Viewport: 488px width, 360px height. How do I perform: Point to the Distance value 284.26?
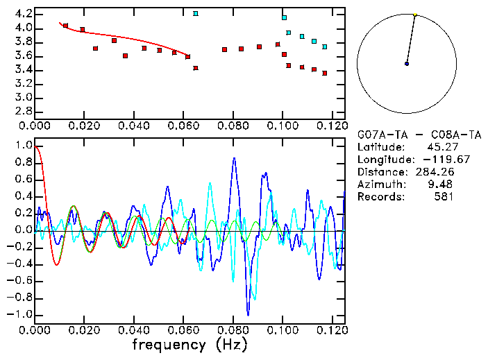(x=436, y=172)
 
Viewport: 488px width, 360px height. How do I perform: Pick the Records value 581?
(x=444, y=197)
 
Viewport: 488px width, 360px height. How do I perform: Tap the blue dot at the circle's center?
(x=407, y=64)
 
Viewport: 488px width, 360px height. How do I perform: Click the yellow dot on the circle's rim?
(x=415, y=15)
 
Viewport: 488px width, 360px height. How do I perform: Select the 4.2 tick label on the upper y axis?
(x=22, y=14)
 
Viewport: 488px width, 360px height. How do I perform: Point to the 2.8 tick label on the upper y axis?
(x=22, y=111)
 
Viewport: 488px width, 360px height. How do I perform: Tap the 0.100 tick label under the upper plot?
(x=283, y=127)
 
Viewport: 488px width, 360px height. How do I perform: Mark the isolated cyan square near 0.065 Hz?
(x=196, y=13)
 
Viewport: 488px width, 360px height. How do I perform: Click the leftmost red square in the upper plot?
(x=66, y=26)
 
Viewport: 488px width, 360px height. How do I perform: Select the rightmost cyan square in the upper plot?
(x=325, y=46)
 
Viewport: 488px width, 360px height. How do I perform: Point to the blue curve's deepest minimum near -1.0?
(x=247, y=314)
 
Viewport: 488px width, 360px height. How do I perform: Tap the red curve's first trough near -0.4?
(x=57, y=264)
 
